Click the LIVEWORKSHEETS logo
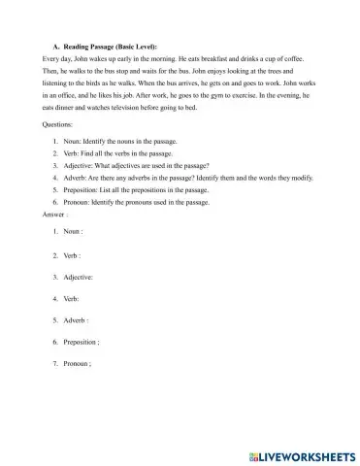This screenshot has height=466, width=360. point(300,453)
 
